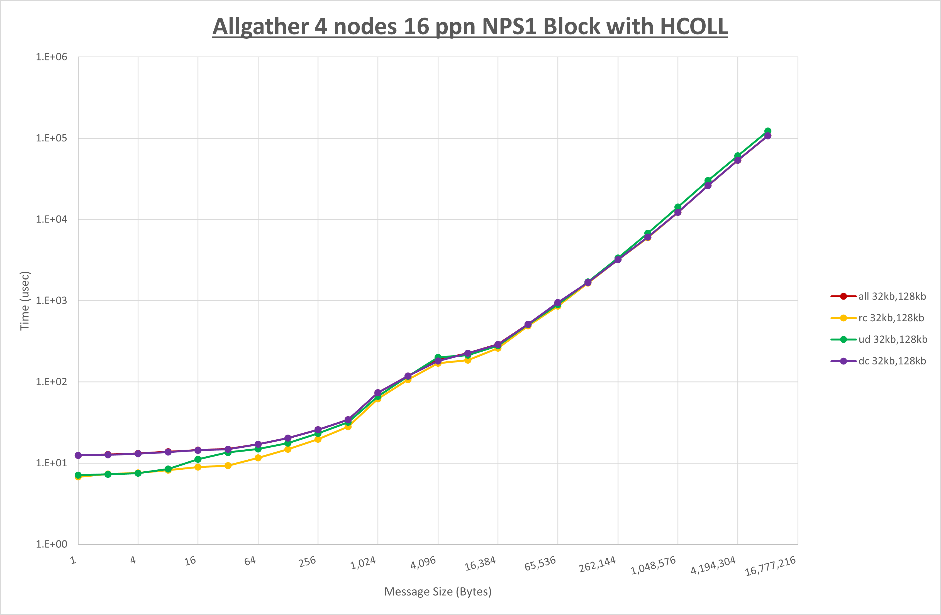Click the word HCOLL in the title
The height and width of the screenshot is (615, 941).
(694, 27)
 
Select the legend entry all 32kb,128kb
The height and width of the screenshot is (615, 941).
(892, 297)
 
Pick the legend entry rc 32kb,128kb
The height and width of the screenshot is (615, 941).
(891, 318)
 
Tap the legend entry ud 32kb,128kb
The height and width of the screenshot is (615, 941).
(892, 339)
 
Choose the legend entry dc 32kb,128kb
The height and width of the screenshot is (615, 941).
(892, 361)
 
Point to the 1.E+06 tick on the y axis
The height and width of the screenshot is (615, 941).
(52, 57)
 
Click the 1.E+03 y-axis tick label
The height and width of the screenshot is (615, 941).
(52, 300)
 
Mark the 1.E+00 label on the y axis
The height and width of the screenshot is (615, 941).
(52, 544)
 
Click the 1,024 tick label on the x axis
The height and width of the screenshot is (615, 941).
(363, 563)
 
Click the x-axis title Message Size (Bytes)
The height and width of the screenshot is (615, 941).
(438, 592)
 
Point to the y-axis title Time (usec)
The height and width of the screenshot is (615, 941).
(25, 300)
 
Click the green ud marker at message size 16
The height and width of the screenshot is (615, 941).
(198, 459)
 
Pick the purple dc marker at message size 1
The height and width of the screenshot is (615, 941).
(78, 455)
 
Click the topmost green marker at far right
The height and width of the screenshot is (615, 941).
(767, 131)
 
